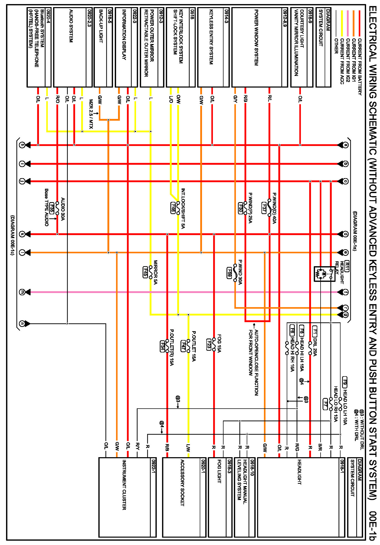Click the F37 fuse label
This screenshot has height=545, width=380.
pos(264,208)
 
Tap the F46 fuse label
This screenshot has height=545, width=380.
pos(173,208)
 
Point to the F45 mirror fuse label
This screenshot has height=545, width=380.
pos(145,272)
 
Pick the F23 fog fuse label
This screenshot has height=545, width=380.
pos(209,344)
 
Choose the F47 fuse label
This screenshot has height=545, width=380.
pos(183,346)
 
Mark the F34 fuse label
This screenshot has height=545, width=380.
pos(162,346)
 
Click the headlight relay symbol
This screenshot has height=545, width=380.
pos(324,274)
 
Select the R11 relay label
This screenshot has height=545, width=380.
pos(347,266)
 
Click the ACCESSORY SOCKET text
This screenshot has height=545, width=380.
pos(182,483)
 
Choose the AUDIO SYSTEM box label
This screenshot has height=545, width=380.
pos(71,26)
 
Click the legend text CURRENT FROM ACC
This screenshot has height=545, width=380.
pos(342,61)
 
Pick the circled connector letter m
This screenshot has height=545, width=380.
pos(22,292)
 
